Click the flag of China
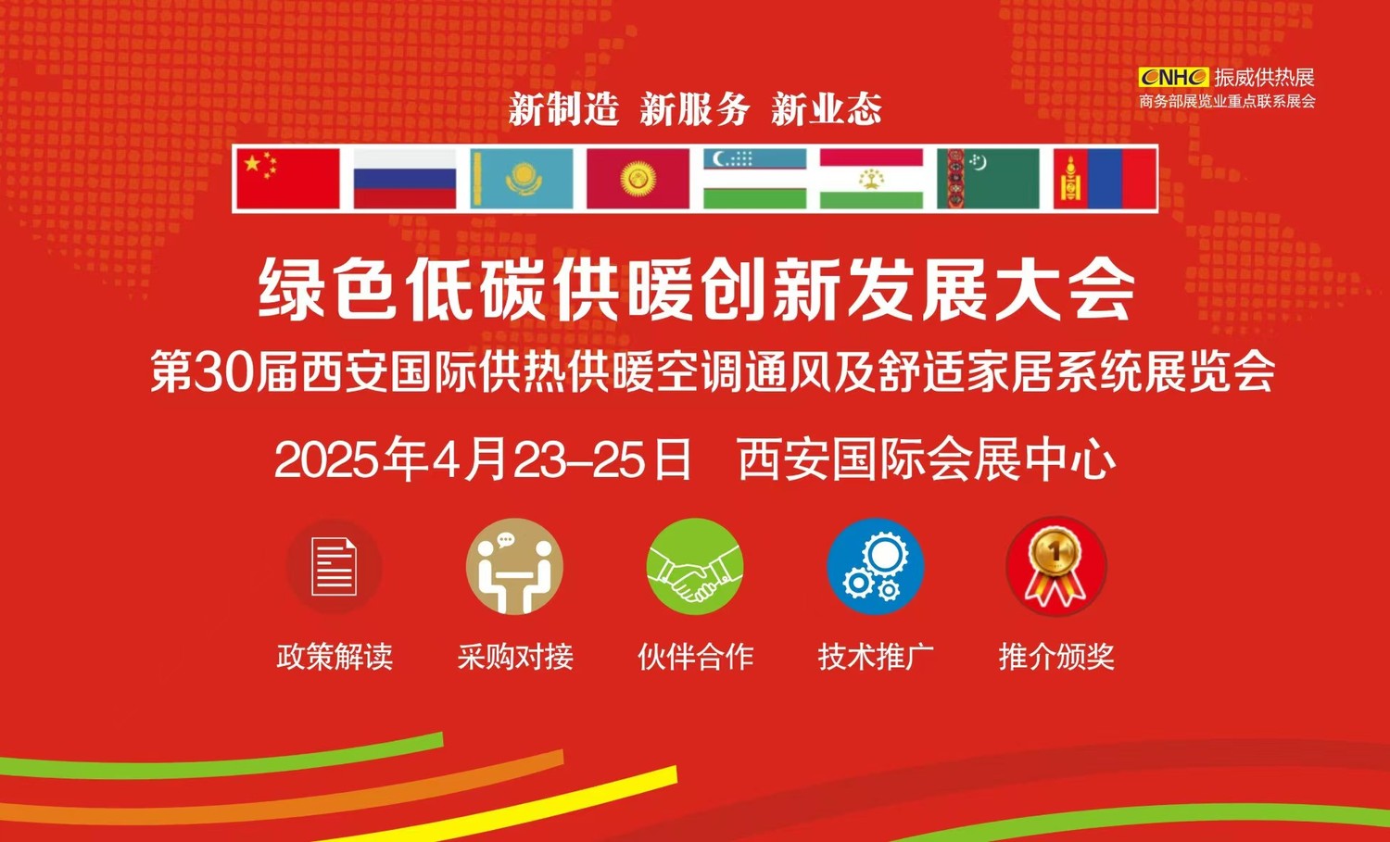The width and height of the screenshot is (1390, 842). pos(288,179)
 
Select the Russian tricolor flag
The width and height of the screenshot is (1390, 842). pos(405,179)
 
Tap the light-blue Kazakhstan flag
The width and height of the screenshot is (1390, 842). pos(521,179)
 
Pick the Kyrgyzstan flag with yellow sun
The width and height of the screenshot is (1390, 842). pos(638,179)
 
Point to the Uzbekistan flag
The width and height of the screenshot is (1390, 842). pos(754,179)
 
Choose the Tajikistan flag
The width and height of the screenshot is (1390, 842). pos(871,179)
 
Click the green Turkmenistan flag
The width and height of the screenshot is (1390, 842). pos(988,179)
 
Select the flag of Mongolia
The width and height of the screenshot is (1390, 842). pos(1106,179)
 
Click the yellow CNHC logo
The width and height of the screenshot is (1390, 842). pos(1173,78)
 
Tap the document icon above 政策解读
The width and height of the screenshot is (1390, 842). pos(334,567)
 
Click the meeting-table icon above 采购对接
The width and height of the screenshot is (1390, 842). pos(514,567)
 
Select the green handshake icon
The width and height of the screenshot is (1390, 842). pos(695,567)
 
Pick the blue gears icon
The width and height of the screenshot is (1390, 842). pos(875,567)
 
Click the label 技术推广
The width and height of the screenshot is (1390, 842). pos(876,657)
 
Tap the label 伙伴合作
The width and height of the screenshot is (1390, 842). pos(696,657)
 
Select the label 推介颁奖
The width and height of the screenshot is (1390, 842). pos(1056,657)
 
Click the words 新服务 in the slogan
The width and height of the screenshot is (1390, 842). pos(695,109)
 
